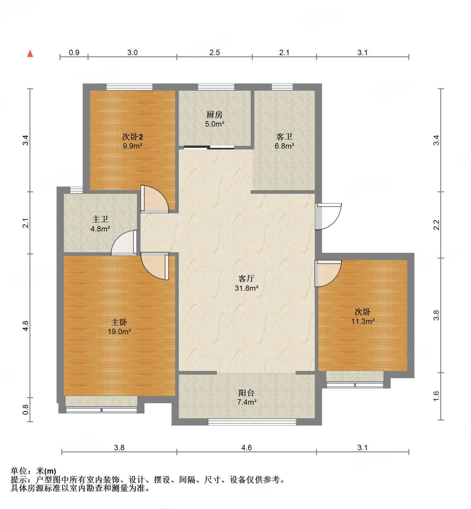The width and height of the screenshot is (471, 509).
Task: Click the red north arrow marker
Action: (x=30, y=54)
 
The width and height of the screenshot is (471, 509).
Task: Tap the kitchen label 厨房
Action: (x=214, y=115)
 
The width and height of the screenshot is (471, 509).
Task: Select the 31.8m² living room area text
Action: (x=246, y=288)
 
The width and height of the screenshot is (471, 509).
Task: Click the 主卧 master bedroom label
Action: (x=119, y=322)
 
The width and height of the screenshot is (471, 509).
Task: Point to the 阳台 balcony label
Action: (x=246, y=393)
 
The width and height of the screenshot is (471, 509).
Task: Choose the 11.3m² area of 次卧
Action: (x=363, y=321)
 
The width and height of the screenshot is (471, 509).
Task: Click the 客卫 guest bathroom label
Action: (x=284, y=137)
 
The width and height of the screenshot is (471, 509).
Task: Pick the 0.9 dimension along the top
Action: (x=74, y=52)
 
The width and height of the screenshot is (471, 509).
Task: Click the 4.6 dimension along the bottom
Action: (x=246, y=448)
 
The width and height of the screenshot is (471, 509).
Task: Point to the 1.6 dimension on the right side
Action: (x=436, y=396)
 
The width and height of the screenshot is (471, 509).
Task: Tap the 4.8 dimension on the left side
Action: (x=26, y=326)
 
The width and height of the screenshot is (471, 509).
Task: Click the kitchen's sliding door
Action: (x=209, y=147)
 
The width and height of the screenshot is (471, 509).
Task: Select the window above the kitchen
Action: (x=216, y=87)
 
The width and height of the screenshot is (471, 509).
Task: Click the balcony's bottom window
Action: (x=252, y=422)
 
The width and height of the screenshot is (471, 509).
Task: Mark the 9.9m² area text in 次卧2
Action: (x=132, y=146)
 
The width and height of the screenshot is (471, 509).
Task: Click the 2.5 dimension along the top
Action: (x=215, y=52)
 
